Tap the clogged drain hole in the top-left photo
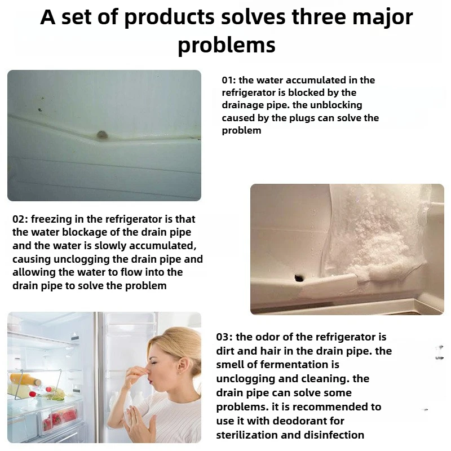pyautogui.click(x=102, y=135)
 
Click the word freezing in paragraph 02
pyautogui.click(x=59, y=219)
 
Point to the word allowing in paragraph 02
pyautogui.click(x=32, y=272)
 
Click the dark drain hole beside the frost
pyautogui.click(x=298, y=277)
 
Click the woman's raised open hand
pyautogui.click(x=135, y=423)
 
